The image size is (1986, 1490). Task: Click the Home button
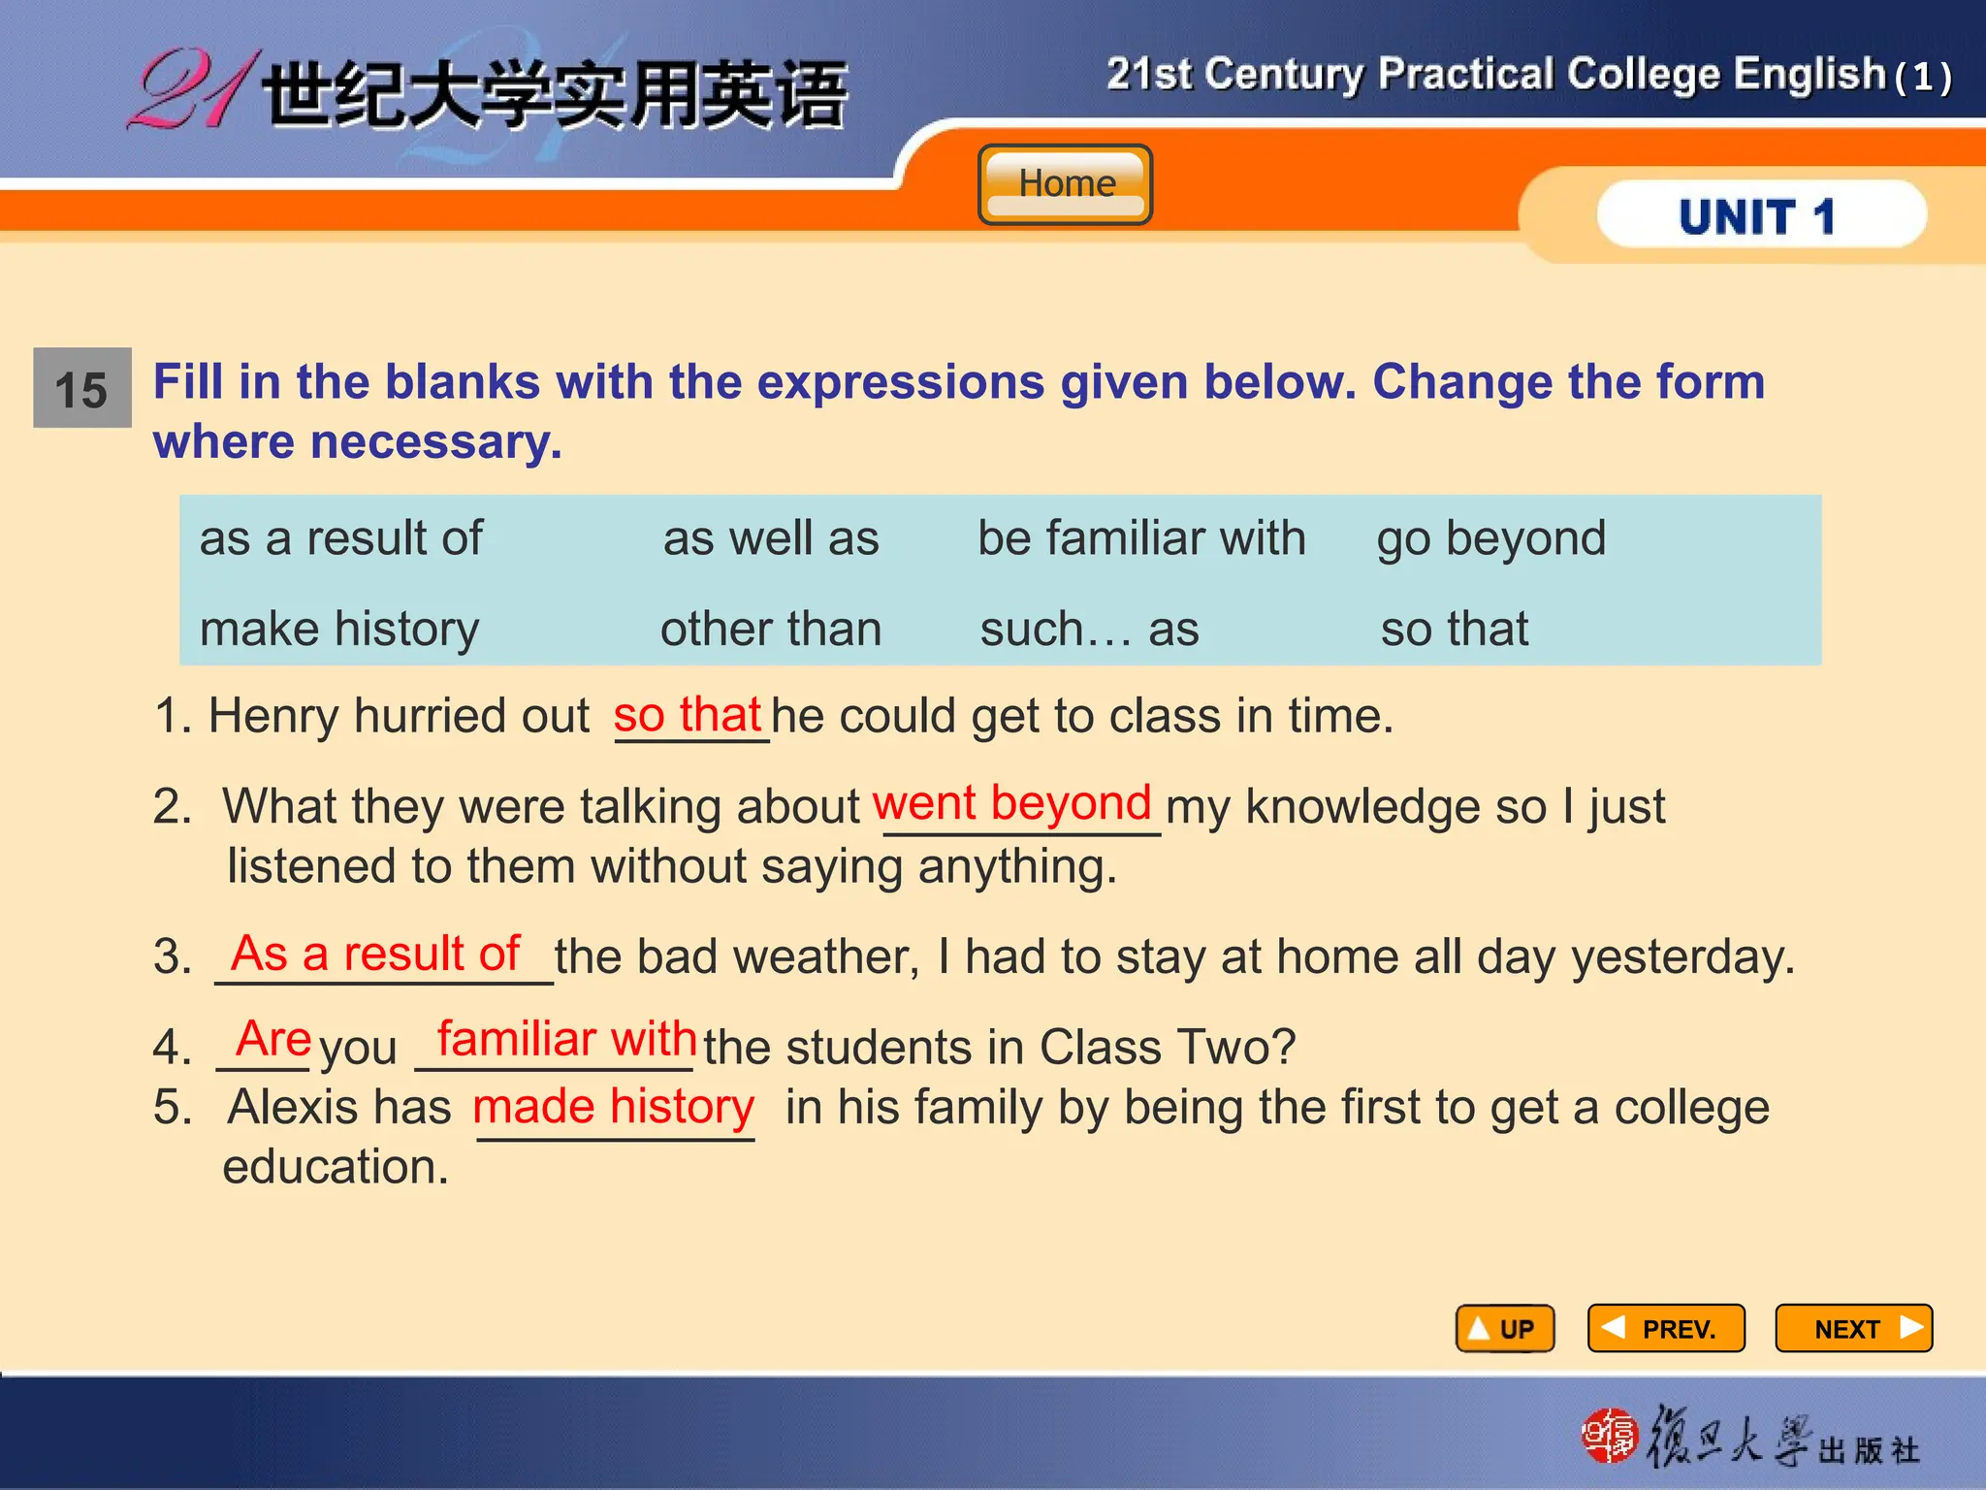click(x=1065, y=184)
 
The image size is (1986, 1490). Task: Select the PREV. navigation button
click(x=1665, y=1328)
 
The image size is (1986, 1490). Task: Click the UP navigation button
click(x=1504, y=1328)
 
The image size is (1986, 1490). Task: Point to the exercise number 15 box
click(x=82, y=388)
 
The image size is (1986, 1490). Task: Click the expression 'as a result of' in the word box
click(x=340, y=538)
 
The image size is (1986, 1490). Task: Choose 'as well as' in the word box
click(x=771, y=538)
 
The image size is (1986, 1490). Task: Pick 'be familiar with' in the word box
click(x=1141, y=538)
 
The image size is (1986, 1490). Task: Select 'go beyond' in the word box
click(x=1490, y=539)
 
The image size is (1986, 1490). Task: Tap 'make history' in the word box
click(x=339, y=629)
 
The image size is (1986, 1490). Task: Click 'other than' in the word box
click(x=771, y=629)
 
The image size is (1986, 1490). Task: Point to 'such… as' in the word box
click(x=1089, y=629)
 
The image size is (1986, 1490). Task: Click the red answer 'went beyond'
click(x=1011, y=804)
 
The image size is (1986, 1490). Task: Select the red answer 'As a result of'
click(x=375, y=954)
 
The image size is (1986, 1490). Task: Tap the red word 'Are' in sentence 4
click(x=273, y=1039)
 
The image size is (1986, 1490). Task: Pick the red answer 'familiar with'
click(x=566, y=1039)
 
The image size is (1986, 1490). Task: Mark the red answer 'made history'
click(x=613, y=1107)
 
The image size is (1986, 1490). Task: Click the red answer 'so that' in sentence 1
click(x=687, y=716)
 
